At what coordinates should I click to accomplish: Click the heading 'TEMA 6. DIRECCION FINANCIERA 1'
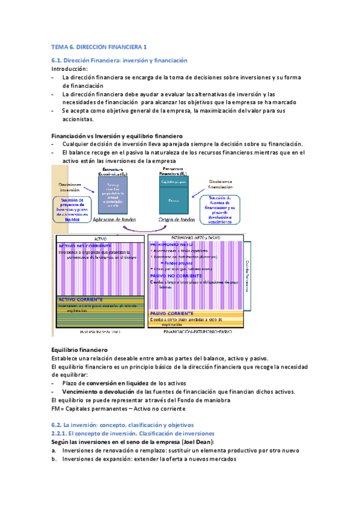pos(99,46)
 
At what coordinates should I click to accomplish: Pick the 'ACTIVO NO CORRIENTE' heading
pos(85,247)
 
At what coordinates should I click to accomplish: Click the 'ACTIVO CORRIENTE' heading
pos(81,300)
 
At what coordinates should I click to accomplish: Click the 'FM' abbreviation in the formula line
pos(56,408)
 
